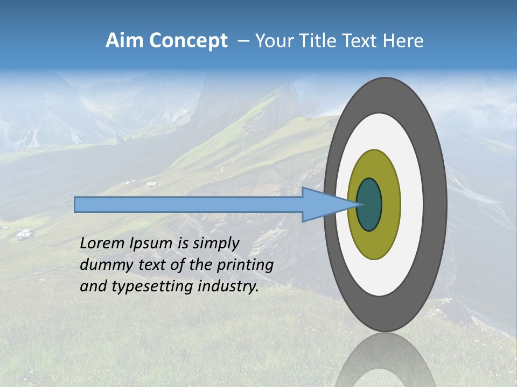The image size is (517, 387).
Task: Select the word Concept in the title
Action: tap(187, 41)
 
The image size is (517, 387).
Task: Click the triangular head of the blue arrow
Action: tap(323, 205)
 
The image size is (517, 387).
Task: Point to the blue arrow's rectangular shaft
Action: tap(188, 205)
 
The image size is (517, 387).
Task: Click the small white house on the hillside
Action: tap(25, 234)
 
